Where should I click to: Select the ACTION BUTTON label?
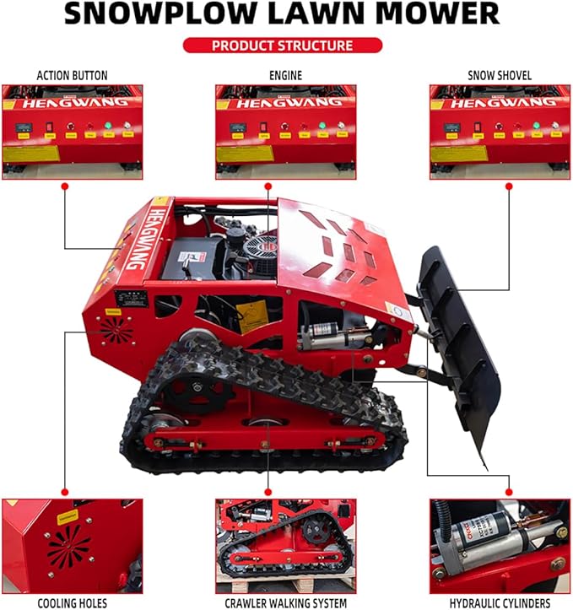pos(72,76)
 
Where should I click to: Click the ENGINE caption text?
pos(286,76)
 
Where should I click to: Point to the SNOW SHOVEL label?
pos(500,76)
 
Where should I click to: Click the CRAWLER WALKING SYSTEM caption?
pos(285,602)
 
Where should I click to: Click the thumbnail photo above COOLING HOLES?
pos(72,545)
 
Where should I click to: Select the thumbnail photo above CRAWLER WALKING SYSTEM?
pos(285,545)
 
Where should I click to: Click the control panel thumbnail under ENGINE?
pos(285,131)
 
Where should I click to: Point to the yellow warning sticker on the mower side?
pos(251,316)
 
